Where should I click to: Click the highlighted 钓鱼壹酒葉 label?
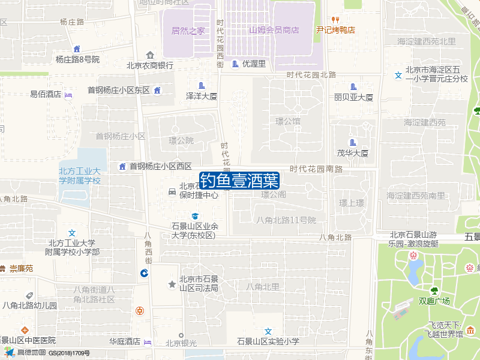tap(239, 180)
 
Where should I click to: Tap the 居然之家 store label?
tap(188, 30)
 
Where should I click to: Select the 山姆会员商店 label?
tap(274, 30)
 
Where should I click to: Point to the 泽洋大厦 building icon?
tap(201, 86)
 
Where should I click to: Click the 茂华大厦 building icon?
tap(353, 142)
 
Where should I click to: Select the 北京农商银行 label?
tap(149, 65)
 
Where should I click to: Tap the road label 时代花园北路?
tap(311, 75)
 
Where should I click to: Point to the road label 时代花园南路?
tap(316, 169)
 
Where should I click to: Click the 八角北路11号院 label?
tap(286, 220)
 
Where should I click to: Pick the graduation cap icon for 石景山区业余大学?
tap(194, 216)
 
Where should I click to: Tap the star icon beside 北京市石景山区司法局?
tap(172, 283)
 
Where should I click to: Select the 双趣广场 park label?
tap(434, 301)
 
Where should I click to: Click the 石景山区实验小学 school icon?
tap(269, 331)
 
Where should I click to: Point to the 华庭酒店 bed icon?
tap(148, 342)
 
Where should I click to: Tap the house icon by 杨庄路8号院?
tap(77, 49)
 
